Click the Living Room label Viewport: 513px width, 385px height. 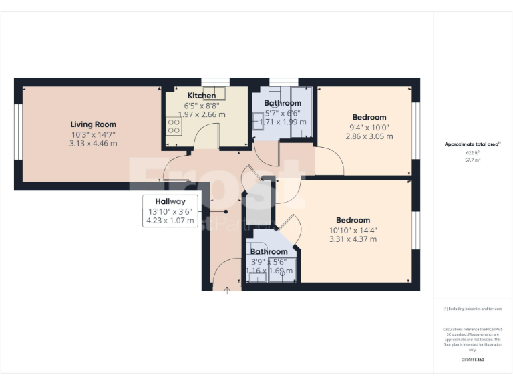point(94,124)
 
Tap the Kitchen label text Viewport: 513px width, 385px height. point(201,96)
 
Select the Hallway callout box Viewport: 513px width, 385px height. point(170,211)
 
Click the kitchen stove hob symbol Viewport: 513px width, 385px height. point(174,126)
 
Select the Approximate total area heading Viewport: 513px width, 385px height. point(472,144)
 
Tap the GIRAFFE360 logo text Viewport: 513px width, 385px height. point(472,360)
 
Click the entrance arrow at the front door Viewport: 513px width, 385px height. point(227,290)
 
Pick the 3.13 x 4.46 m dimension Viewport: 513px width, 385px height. point(94,143)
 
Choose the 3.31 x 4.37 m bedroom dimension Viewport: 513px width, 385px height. point(353,239)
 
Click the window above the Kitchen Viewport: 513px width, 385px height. point(215,82)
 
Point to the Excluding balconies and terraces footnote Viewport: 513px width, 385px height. point(472,309)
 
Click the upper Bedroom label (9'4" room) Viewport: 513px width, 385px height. point(369,118)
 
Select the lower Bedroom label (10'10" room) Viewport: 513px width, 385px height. point(353,221)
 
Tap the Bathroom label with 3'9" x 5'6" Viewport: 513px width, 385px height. point(269,252)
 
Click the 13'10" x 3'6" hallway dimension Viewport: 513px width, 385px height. point(171,211)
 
